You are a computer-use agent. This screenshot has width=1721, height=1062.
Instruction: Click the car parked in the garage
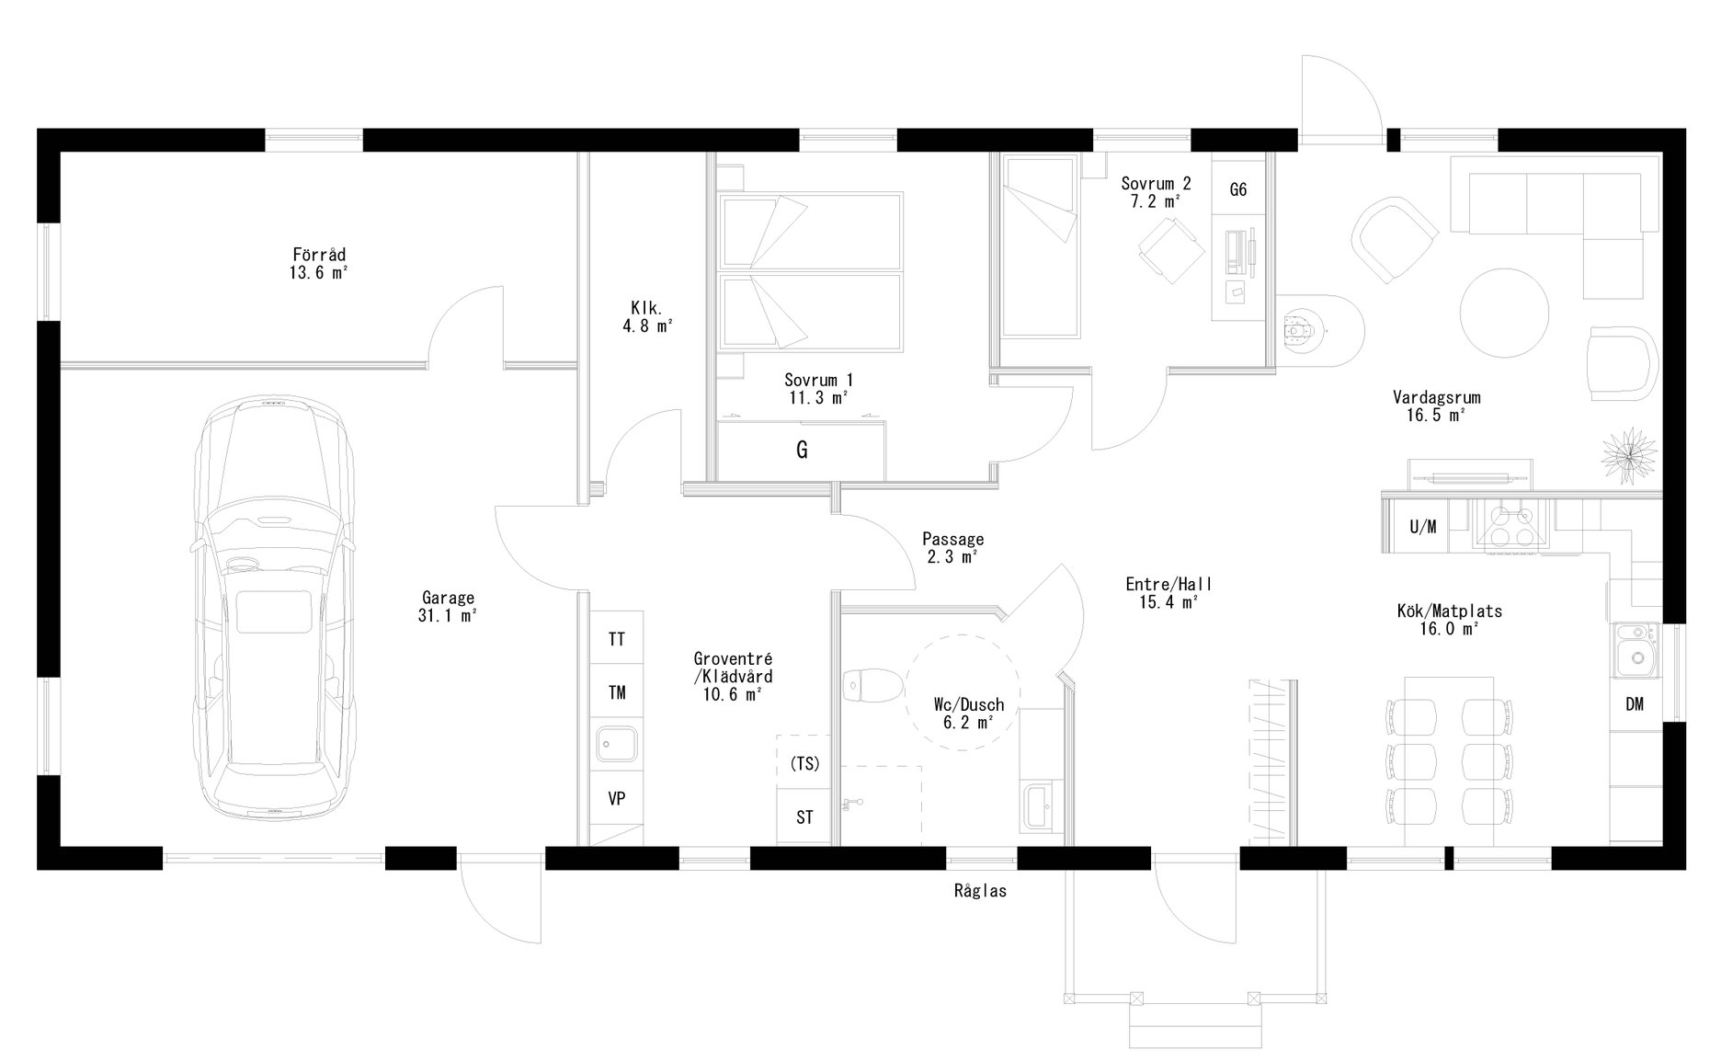click(x=273, y=607)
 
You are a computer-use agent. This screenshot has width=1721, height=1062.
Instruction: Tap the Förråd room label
click(x=319, y=254)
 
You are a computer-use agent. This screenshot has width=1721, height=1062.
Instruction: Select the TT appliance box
click(x=616, y=638)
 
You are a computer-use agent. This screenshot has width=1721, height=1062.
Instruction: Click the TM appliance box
click(x=616, y=692)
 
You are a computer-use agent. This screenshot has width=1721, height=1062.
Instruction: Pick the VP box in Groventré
click(x=616, y=799)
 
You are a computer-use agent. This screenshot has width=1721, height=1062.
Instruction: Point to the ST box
click(x=804, y=817)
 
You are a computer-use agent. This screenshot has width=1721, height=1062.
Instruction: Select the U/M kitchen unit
click(x=1422, y=527)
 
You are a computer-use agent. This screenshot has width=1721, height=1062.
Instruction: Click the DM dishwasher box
click(x=1634, y=704)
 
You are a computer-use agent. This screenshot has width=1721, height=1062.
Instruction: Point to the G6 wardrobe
click(x=1237, y=189)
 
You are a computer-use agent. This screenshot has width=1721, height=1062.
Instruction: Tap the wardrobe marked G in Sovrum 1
click(x=802, y=451)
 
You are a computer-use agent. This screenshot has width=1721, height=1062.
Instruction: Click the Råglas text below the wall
click(x=980, y=891)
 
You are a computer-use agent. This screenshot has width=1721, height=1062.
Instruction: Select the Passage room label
click(x=952, y=540)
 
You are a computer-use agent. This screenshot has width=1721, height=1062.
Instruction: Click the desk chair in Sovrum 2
click(x=1170, y=251)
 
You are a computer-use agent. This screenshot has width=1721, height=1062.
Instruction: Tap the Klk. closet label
click(x=646, y=307)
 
